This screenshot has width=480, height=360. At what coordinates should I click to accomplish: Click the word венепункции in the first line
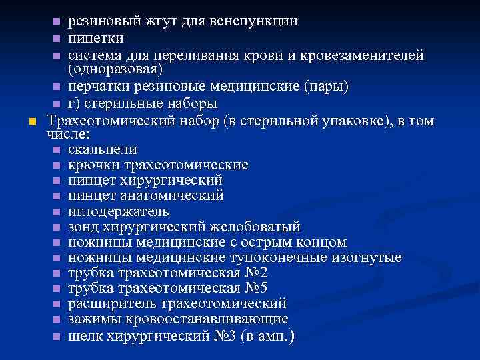(253, 21)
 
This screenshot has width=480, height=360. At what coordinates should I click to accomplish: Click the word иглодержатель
(118, 211)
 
